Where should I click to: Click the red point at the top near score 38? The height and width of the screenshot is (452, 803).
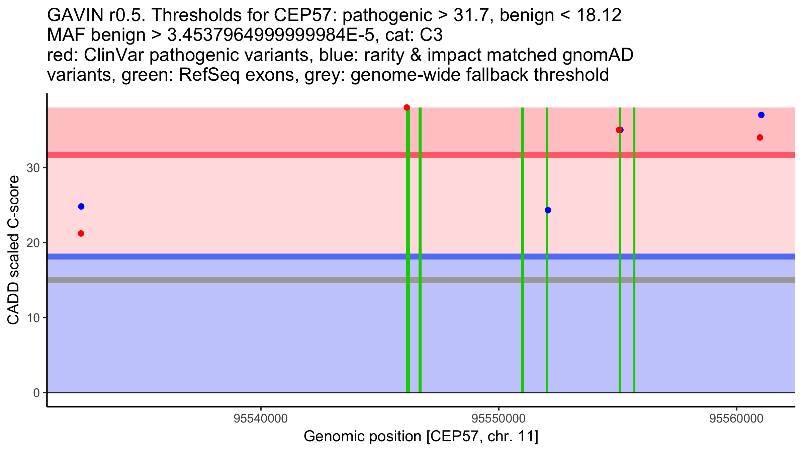407,107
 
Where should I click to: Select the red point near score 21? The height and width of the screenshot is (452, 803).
81,233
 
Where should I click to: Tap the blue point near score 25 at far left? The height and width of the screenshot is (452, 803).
81,207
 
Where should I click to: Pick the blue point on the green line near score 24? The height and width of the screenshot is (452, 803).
548,210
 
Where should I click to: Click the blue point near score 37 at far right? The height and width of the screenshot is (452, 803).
761,115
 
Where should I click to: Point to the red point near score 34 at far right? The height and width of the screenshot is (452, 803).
760,138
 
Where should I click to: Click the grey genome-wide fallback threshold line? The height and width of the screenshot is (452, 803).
234,280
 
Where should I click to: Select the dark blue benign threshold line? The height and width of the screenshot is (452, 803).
234,256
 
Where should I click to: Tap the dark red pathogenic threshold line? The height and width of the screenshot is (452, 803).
234,155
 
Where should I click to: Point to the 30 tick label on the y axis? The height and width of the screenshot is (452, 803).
33,168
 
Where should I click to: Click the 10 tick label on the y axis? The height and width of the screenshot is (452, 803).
33,318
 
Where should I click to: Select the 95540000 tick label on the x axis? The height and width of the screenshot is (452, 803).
261,419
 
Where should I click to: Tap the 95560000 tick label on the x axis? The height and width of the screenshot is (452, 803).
736,419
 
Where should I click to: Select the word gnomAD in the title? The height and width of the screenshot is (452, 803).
598,55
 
